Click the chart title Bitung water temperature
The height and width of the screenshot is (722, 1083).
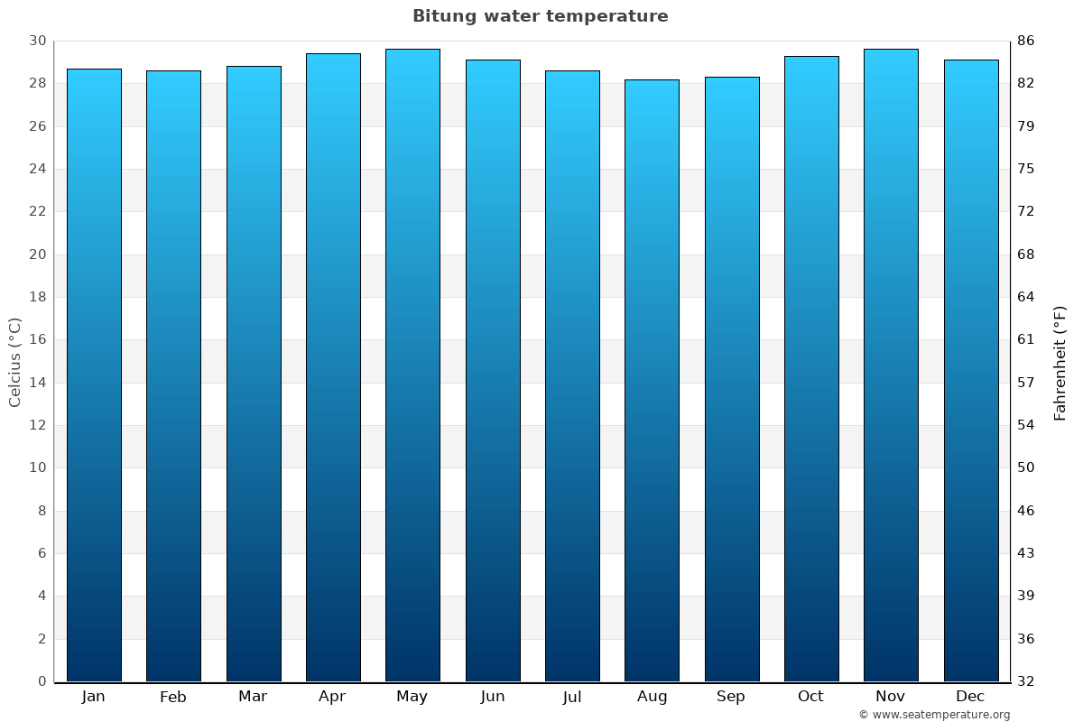[540, 16]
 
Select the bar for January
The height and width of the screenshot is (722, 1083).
[94, 375]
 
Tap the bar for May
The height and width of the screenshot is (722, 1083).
[412, 366]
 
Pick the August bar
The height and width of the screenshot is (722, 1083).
[652, 380]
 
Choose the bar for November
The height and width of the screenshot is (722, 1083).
[891, 366]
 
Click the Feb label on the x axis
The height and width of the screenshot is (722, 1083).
[173, 697]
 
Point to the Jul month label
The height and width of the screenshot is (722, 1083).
[572, 697]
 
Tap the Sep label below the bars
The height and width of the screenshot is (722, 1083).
[731, 697]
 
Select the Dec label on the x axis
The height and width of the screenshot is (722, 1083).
[970, 697]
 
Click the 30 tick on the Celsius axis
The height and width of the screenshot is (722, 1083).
[38, 41]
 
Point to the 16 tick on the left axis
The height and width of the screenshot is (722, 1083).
[38, 339]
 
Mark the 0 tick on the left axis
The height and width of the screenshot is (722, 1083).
[42, 681]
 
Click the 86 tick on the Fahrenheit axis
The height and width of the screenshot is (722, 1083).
[1026, 41]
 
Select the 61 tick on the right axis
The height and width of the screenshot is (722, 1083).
[1026, 339]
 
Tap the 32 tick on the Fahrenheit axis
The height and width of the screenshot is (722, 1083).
[1026, 681]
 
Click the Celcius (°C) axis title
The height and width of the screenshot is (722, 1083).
[15, 362]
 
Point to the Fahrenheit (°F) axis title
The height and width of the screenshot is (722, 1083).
[1060, 362]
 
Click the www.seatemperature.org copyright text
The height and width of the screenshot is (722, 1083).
[934, 715]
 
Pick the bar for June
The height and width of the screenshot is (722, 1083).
[493, 370]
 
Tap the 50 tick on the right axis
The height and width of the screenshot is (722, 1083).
[1026, 467]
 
